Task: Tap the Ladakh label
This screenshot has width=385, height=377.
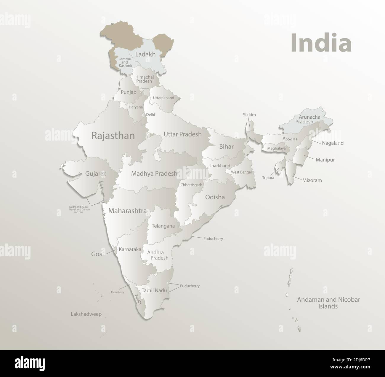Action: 145,54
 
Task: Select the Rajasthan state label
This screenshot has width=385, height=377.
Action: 113,136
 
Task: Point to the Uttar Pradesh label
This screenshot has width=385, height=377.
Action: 182,134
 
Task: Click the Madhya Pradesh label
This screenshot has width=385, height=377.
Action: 154,174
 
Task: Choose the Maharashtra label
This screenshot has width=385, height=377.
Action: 127,211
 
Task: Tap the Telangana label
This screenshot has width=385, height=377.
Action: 163,226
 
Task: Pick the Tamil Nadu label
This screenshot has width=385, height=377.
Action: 154,290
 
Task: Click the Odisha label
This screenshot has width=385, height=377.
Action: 215,197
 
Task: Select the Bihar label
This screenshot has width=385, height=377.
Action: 226,147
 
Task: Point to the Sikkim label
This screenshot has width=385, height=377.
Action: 249,115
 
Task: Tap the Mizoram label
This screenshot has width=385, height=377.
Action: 312,180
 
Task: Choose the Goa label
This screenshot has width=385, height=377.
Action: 97,254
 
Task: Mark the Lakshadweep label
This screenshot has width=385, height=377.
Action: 86,314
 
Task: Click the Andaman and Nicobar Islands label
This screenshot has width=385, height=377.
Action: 328,303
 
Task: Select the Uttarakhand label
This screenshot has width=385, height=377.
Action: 163,98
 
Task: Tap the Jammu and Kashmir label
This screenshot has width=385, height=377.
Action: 125,62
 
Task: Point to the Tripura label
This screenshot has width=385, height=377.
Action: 268,178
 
